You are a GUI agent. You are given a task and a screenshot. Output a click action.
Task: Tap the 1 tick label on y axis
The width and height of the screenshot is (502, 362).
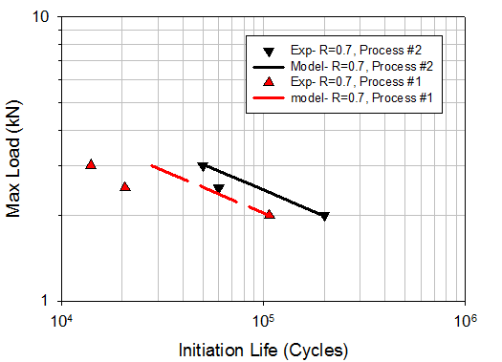click(49, 301)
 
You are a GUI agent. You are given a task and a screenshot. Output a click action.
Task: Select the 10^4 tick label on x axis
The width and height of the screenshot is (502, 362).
click(63, 317)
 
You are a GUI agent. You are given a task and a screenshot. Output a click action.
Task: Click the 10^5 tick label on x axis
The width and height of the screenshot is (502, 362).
click(263, 317)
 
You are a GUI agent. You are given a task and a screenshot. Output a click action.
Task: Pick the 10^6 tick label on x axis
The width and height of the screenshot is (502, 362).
click(465, 317)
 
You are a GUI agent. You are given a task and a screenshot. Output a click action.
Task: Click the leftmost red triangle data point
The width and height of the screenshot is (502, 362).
click(91, 164)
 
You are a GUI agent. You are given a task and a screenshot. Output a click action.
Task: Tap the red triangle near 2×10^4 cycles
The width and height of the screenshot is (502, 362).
click(125, 186)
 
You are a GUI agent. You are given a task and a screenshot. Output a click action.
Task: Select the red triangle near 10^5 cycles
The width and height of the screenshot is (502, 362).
click(270, 214)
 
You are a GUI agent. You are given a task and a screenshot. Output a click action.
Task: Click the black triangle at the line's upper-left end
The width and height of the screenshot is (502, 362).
click(202, 166)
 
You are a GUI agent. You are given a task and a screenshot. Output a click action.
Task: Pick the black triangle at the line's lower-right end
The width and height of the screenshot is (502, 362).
click(324, 217)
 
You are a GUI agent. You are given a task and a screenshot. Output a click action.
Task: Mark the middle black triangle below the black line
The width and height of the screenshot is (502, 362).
click(219, 189)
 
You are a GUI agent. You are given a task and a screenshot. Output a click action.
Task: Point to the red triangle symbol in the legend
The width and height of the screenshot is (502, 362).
click(271, 83)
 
